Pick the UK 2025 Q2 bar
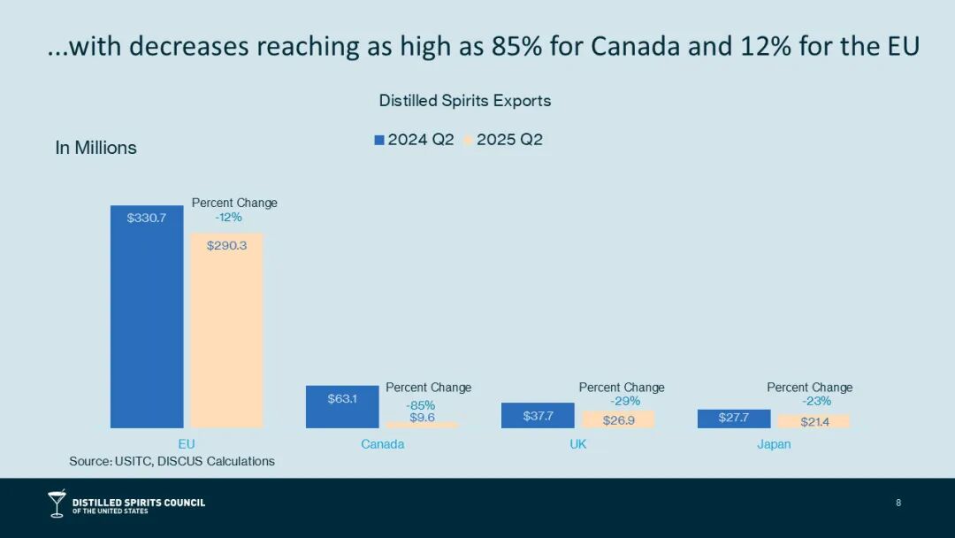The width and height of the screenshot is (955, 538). point(618,419)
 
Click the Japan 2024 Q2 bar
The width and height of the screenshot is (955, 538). point(733,419)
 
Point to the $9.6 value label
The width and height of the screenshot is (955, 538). point(422,417)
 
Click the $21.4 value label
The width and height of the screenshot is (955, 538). point(814,421)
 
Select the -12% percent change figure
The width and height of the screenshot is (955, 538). point(228,217)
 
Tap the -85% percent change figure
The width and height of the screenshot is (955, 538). point(420,404)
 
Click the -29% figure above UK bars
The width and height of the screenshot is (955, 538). point(624,401)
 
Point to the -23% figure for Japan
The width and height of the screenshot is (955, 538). point(816,401)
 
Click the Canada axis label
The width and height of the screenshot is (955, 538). point(382,444)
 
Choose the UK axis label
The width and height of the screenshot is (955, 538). point(578,444)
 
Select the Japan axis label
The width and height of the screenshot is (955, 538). point(774,444)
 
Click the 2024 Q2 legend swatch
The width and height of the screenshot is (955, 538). point(379,140)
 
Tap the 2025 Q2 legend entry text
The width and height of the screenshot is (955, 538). point(509,140)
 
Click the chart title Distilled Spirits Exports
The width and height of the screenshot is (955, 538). point(464,101)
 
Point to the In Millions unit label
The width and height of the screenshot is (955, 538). point(95,148)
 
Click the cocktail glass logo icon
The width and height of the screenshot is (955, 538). point(57,503)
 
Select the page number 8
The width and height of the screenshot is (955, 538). point(898,503)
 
